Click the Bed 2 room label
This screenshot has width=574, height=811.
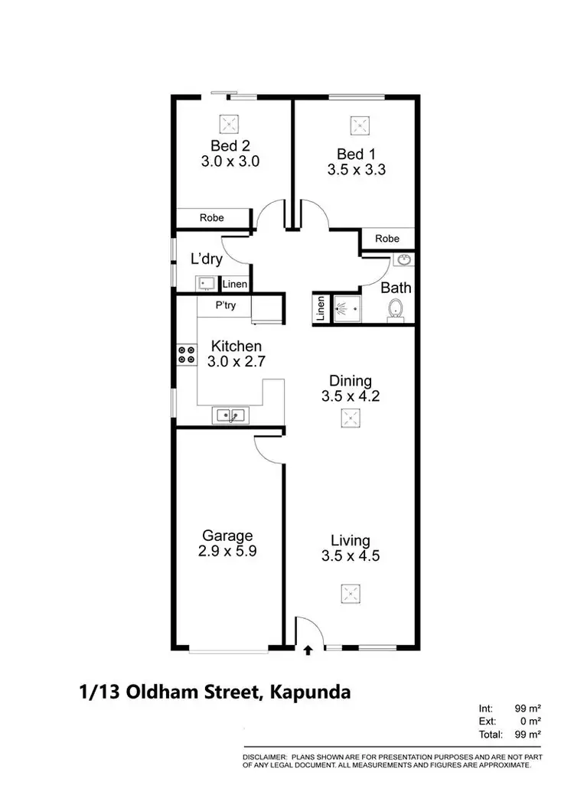pos(230,145)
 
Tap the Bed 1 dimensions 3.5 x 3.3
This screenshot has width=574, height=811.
pos(356,171)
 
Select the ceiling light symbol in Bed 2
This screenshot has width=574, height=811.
pos(229,123)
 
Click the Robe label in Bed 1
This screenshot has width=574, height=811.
pos(387,239)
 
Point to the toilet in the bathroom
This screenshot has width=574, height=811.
pos(396,310)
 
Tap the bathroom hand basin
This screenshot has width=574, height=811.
pos(403,260)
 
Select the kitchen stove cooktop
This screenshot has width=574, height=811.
pos(186,353)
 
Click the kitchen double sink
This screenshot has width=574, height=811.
pos(230,415)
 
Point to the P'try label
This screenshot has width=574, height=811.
pos(225,305)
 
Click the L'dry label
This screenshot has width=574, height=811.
pos(207,259)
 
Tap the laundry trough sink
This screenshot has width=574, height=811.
pos(205,284)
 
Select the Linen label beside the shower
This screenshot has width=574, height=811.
pos(321,309)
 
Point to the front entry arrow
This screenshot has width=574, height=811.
pos(308,651)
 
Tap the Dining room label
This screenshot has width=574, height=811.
pos(350,381)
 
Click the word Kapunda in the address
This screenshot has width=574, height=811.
pos(308,693)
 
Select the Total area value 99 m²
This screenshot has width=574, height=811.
pos(528,734)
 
